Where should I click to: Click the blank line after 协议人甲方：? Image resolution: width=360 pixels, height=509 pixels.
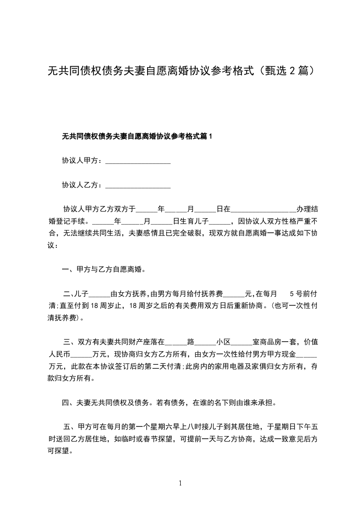click(x=138, y=162)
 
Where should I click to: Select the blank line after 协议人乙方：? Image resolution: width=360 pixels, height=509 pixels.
click(x=138, y=186)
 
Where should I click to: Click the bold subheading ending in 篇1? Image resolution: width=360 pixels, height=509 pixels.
click(x=137, y=136)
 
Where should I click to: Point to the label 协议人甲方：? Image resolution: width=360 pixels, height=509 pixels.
click(x=83, y=161)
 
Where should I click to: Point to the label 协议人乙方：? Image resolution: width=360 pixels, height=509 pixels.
click(x=83, y=185)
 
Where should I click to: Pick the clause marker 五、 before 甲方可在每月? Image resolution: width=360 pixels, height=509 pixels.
click(x=71, y=426)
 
